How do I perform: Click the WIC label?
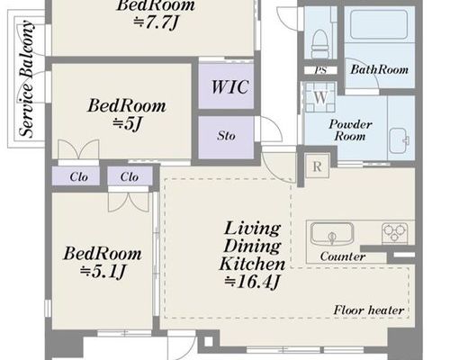click(x=229, y=87)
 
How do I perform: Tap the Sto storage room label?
click(x=226, y=136)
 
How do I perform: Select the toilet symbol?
click(x=319, y=43)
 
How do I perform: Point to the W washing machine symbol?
click(x=320, y=97)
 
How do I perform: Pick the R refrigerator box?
click(x=318, y=166)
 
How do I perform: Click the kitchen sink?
click(x=331, y=234)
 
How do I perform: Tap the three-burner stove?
click(x=394, y=233)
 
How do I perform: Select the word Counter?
click(x=343, y=256)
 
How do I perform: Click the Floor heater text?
click(x=369, y=310)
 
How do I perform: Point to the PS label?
click(x=320, y=71)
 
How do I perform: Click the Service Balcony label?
click(x=27, y=78)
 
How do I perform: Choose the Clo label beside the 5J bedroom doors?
click(x=79, y=177)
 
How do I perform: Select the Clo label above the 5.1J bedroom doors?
click(x=130, y=177)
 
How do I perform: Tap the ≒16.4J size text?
click(x=253, y=282)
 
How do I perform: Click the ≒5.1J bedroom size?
click(x=103, y=272)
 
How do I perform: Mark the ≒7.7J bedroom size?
click(x=156, y=22)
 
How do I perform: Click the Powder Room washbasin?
click(x=400, y=140)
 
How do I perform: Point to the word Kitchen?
click(x=252, y=265)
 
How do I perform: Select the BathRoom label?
click(x=380, y=69)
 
